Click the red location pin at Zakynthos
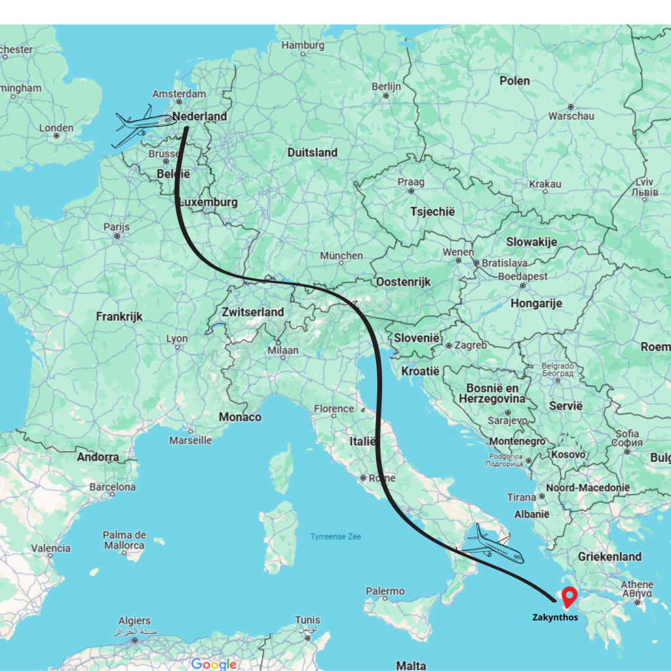(x=569, y=596)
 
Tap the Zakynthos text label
(x=555, y=617)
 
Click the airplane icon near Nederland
(x=145, y=125)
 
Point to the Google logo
(x=214, y=664)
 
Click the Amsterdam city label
(x=179, y=94)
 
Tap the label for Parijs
(x=117, y=227)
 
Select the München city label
(x=341, y=256)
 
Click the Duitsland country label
(x=313, y=153)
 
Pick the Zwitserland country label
(x=253, y=312)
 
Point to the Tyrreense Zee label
(x=335, y=537)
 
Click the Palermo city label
(x=385, y=592)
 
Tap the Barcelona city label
(x=113, y=488)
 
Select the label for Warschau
(x=571, y=116)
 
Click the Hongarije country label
(x=537, y=303)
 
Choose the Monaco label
(x=240, y=417)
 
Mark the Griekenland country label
(x=609, y=556)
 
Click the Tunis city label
(x=307, y=620)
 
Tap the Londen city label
(x=56, y=128)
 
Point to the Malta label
(x=411, y=666)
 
